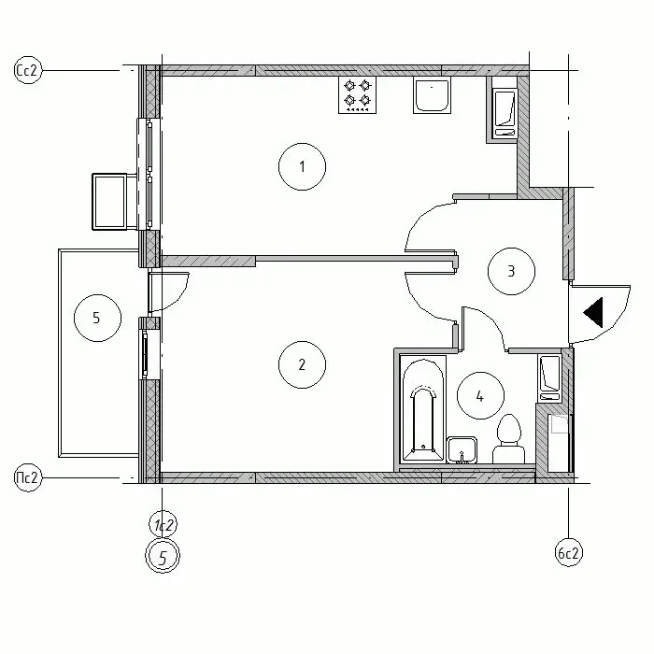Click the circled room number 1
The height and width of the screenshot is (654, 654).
tap(302, 167)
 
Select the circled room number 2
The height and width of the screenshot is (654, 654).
tap(302, 364)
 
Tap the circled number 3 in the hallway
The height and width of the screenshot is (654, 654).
tap(511, 271)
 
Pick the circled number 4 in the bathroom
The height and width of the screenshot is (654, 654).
tap(480, 395)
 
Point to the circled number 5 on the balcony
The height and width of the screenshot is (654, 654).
tap(97, 318)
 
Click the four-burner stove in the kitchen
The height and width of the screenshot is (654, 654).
tap(358, 94)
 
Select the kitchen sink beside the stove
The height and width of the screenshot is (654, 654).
tap(432, 94)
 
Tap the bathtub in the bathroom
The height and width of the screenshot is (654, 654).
tap(423, 408)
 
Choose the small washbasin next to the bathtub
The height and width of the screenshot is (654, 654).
tap(462, 450)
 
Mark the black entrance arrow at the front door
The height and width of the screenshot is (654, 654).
tap(593, 312)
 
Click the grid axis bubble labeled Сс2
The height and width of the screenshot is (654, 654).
tap(28, 70)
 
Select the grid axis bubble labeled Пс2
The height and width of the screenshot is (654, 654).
tap(28, 477)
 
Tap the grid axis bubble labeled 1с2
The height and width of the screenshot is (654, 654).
tap(163, 525)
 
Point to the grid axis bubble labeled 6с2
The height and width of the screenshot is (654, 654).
tap(568, 553)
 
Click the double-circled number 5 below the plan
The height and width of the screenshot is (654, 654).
tap(163, 557)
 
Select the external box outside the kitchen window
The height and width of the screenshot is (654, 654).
tap(109, 202)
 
